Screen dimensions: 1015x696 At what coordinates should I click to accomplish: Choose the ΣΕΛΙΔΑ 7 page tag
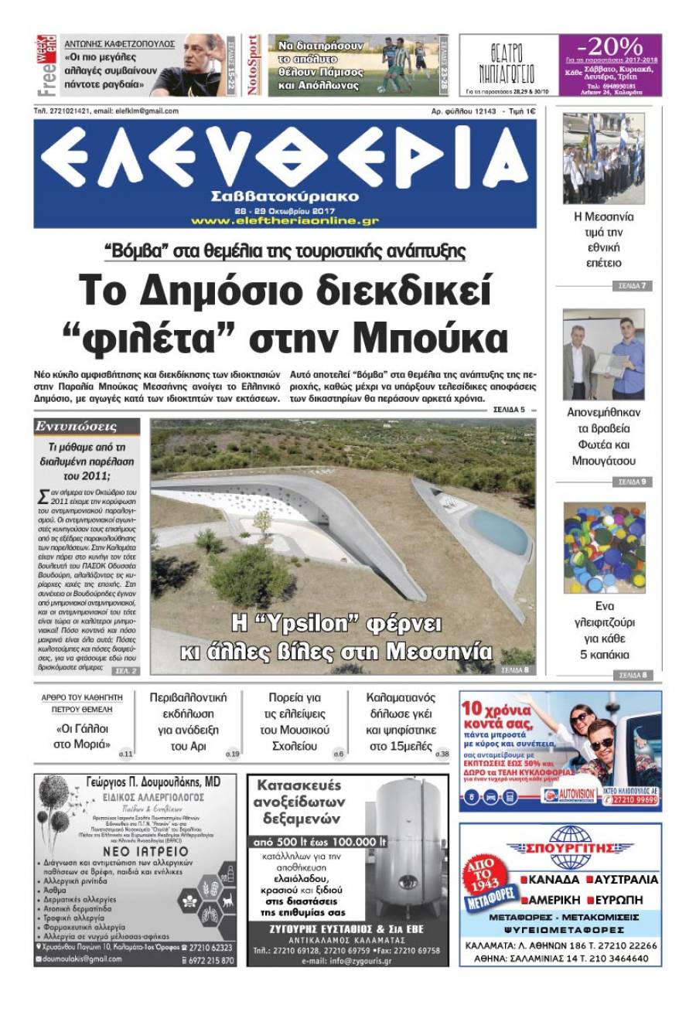coord(631,286)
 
